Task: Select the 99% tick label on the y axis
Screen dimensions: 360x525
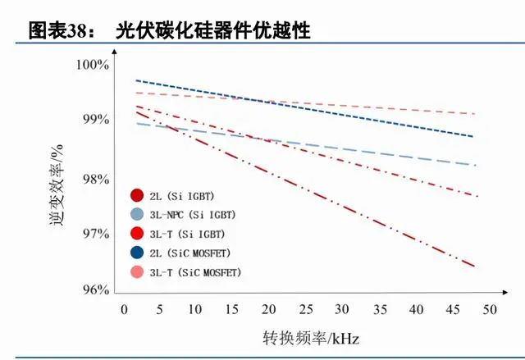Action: [x=94, y=120]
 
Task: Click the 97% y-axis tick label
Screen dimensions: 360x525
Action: [x=94, y=234]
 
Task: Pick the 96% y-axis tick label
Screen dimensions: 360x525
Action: [x=94, y=290]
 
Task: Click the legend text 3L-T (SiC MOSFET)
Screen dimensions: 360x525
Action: [x=200, y=271]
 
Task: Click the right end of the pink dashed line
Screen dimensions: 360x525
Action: [x=474, y=113]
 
